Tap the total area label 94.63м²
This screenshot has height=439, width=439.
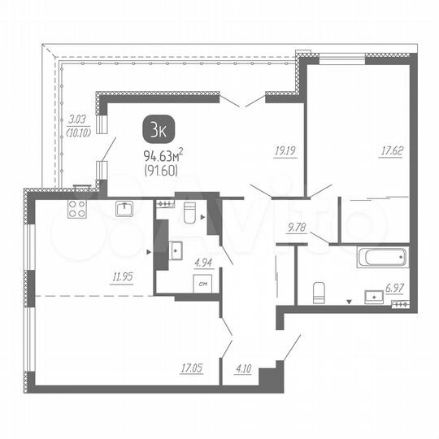(163, 156)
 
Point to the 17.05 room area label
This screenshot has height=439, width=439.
(193, 368)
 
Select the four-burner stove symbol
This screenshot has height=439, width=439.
(77, 208)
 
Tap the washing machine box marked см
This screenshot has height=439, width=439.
(203, 284)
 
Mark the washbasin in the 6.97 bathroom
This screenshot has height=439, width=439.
(376, 294)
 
